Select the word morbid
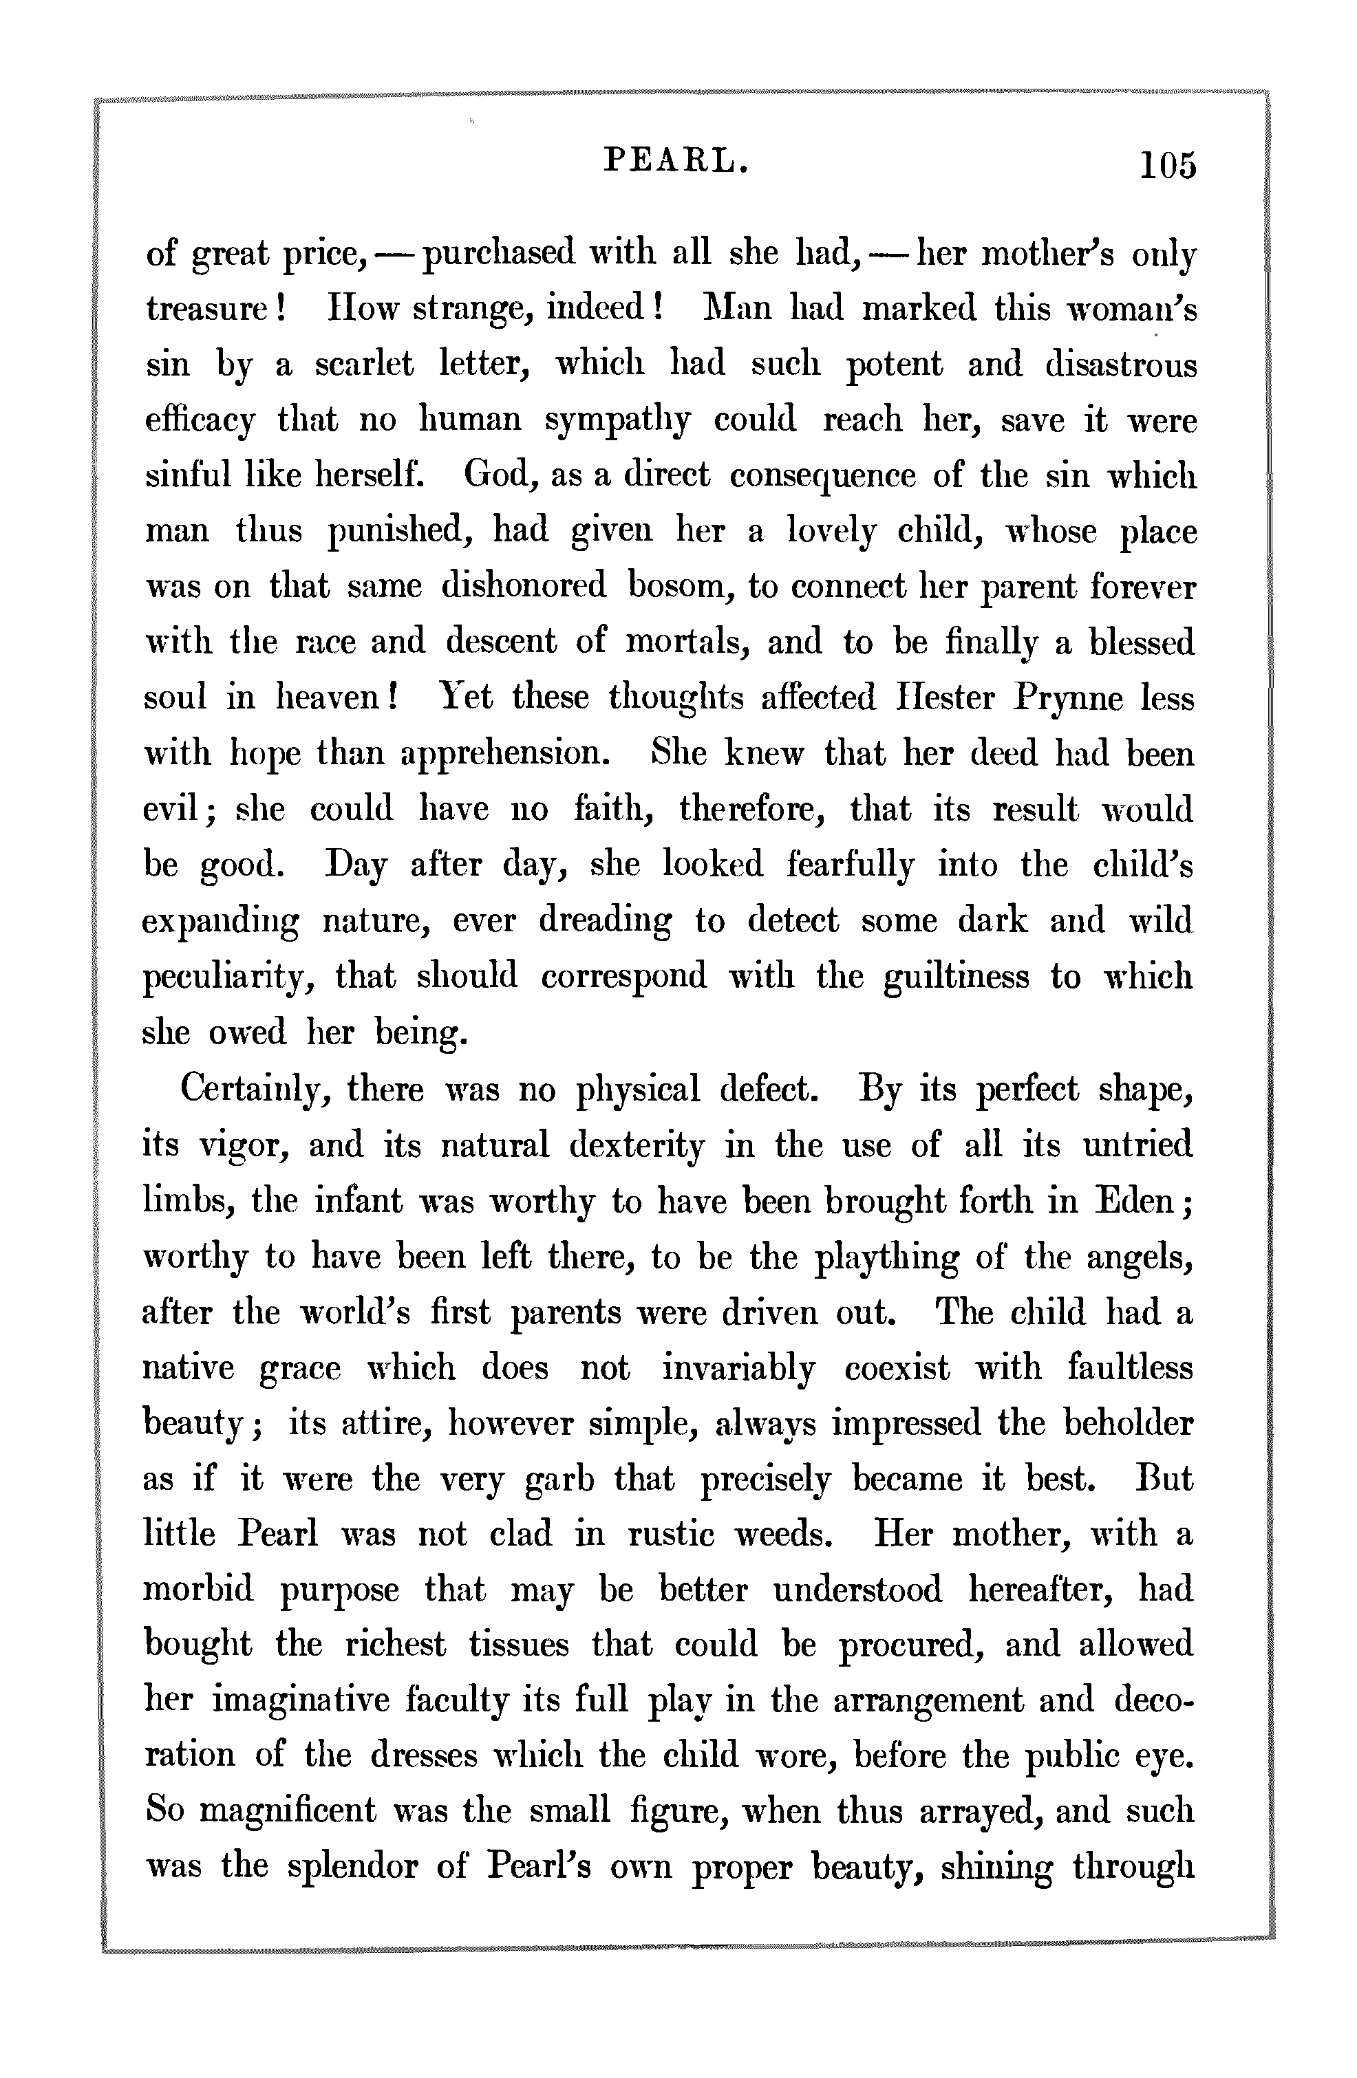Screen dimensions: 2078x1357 pos(198,1589)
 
